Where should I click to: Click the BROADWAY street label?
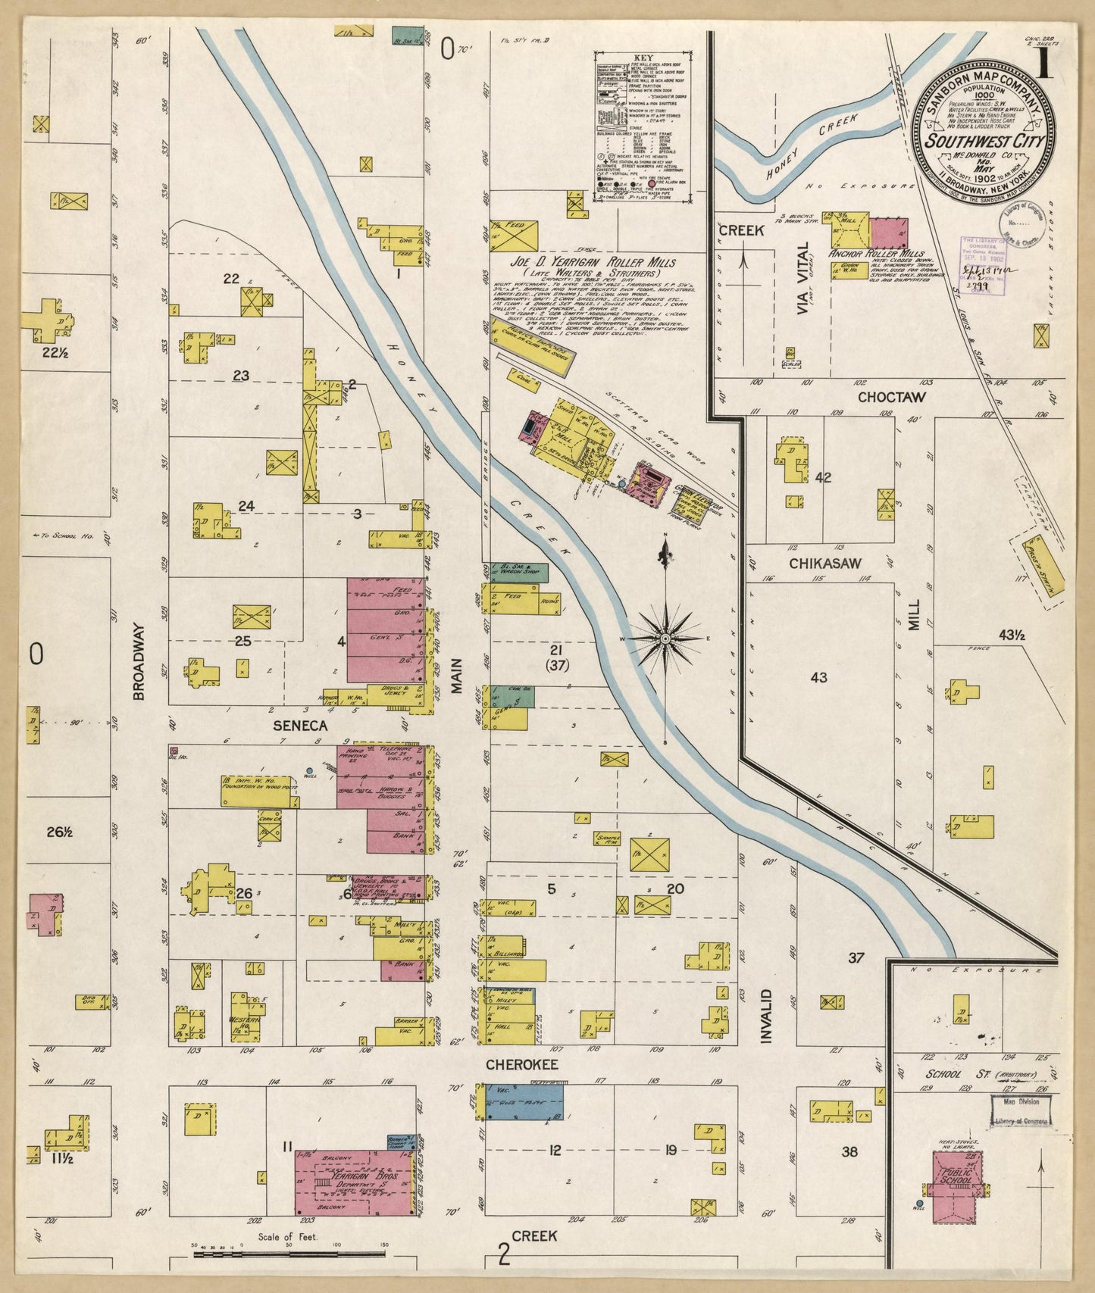[x=138, y=661]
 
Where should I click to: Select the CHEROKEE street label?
[x=522, y=1065]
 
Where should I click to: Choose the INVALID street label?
[x=766, y=1016]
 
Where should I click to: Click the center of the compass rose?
[x=665, y=639]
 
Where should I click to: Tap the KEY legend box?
[x=642, y=127]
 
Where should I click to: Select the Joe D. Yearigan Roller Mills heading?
[x=582, y=262]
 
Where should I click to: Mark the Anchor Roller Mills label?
[x=878, y=253]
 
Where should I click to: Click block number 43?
[x=818, y=677]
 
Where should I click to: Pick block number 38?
[x=849, y=1151]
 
